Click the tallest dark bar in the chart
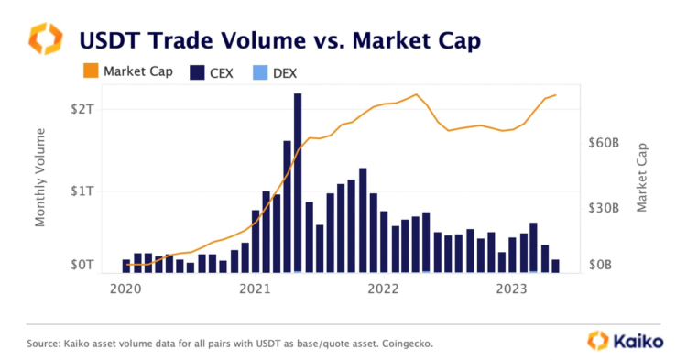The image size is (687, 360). [298, 183]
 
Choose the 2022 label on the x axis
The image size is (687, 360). [385, 290]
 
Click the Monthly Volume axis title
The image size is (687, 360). [40, 177]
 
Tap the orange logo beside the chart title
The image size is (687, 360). [46, 39]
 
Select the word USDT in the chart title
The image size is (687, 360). [113, 40]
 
